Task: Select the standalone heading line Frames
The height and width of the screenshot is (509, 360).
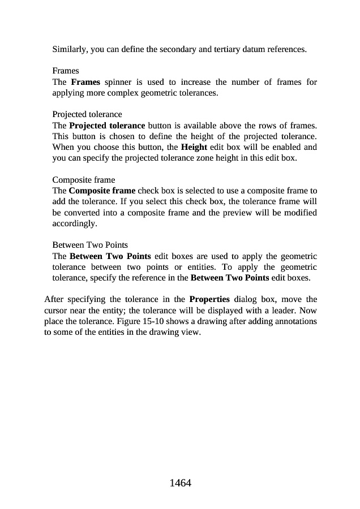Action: (66, 71)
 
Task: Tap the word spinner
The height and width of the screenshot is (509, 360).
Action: (118, 82)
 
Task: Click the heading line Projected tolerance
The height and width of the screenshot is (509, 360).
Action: (87, 114)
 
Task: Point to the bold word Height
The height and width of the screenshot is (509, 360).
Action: (193, 146)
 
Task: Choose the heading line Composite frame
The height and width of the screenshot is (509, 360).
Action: (83, 180)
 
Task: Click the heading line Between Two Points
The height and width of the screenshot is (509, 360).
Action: (89, 245)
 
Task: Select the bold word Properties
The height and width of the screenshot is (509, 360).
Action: (209, 299)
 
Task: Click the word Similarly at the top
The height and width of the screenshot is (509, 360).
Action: (70, 49)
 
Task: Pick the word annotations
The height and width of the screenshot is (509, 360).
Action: (295, 321)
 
